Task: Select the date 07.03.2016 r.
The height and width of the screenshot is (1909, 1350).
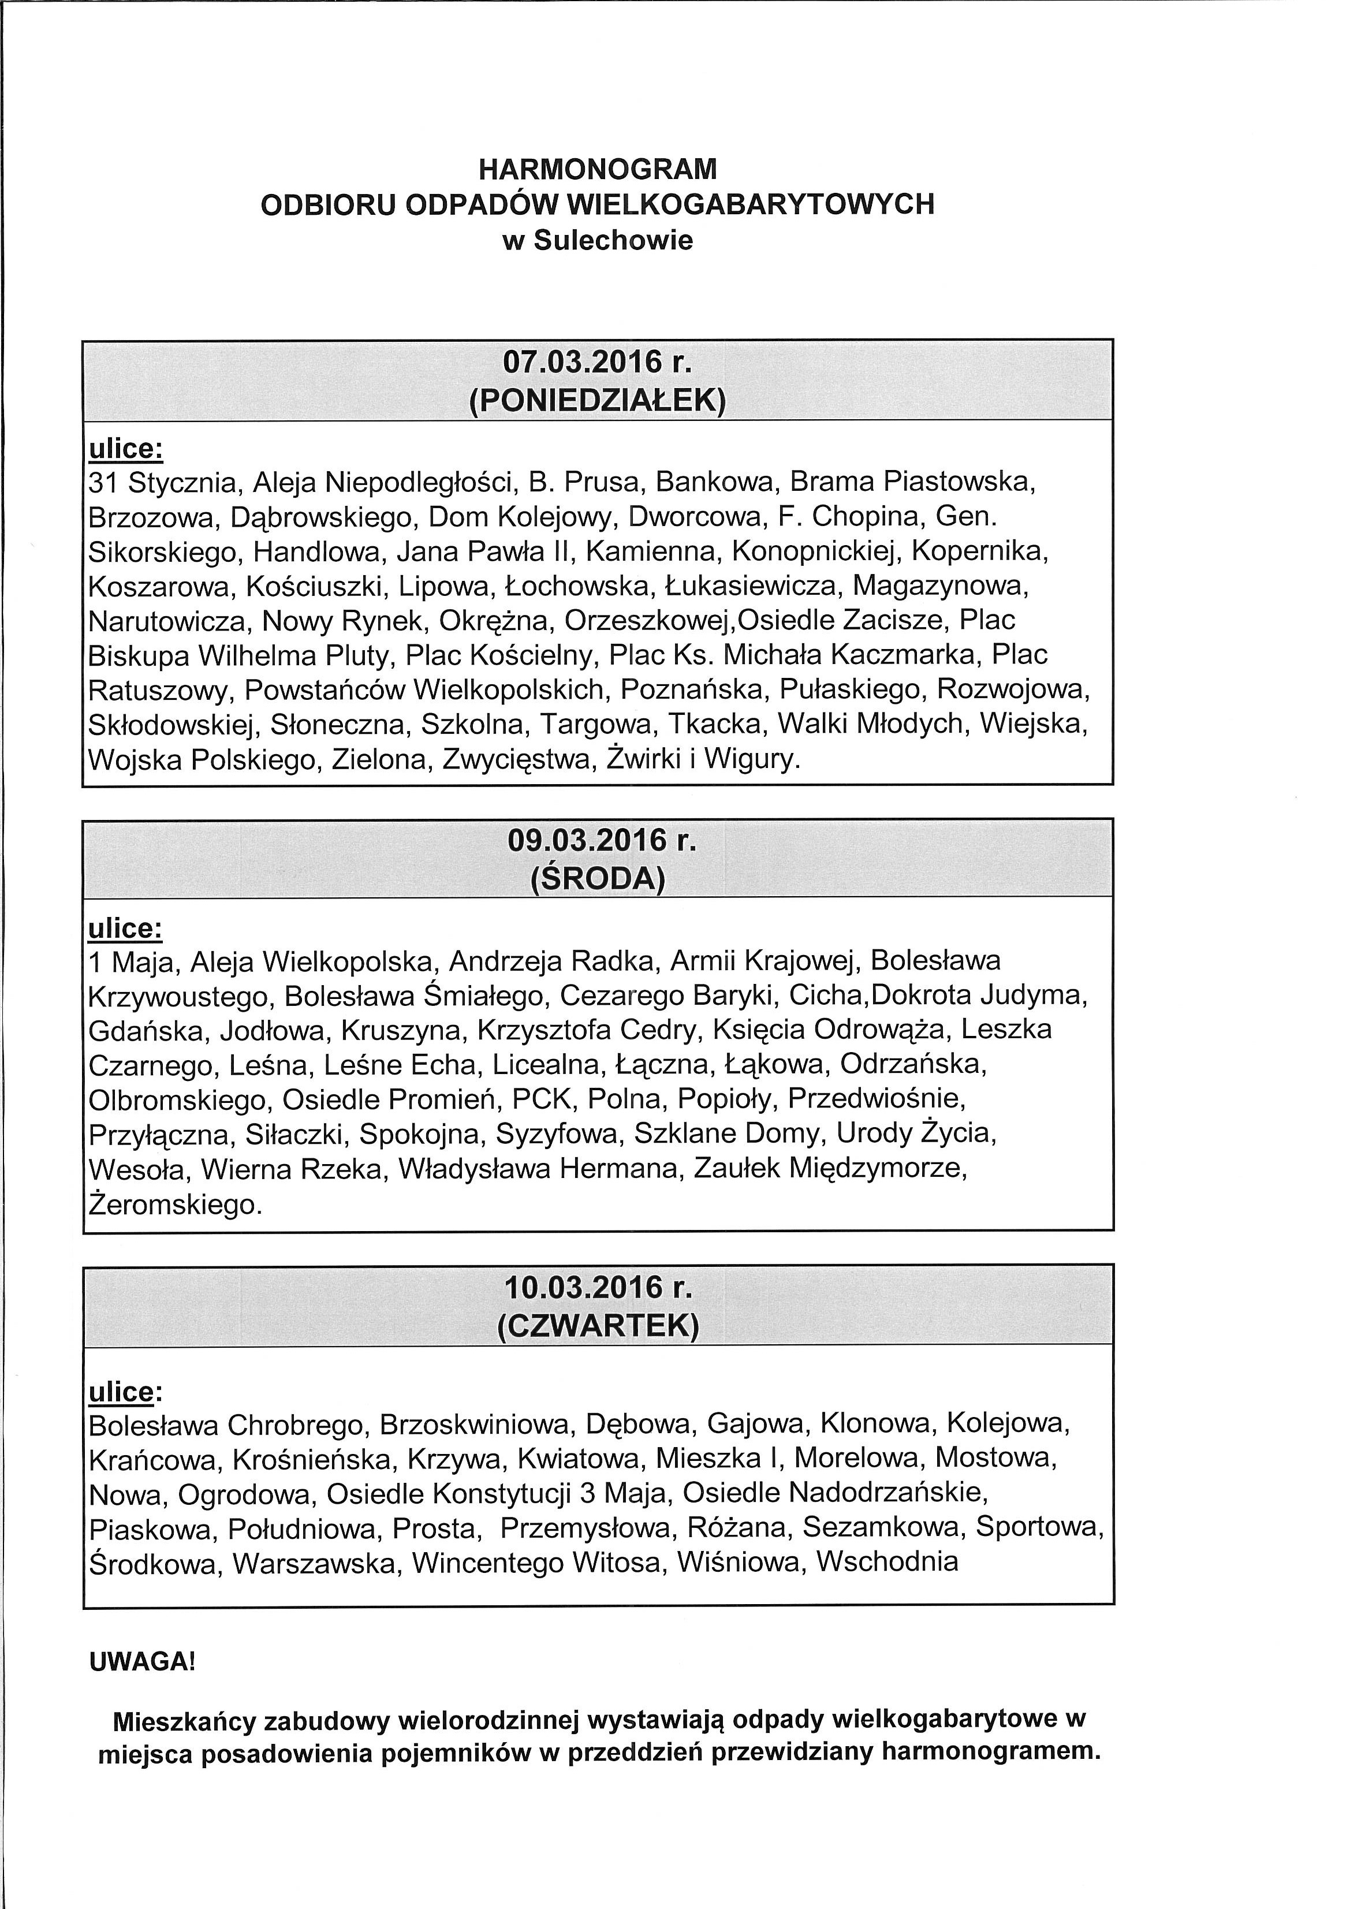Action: click(598, 363)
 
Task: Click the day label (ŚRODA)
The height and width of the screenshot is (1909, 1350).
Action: click(598, 879)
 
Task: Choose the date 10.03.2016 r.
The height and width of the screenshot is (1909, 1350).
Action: click(598, 1287)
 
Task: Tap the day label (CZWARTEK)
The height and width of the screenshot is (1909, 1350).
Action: click(598, 1326)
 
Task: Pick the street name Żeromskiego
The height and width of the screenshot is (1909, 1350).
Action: click(174, 1204)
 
